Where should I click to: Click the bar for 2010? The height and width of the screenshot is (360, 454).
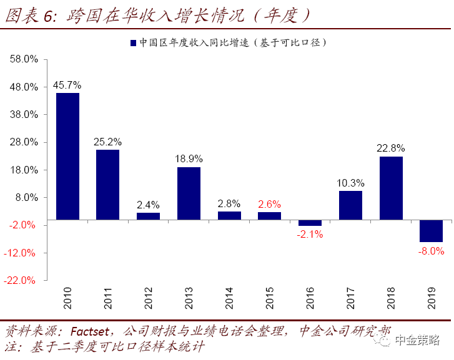point(67,156)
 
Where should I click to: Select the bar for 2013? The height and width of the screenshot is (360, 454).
point(189,193)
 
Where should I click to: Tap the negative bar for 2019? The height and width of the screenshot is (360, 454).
point(431,231)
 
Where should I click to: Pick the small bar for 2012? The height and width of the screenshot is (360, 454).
point(148,216)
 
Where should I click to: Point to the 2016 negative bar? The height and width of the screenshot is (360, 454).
point(310,223)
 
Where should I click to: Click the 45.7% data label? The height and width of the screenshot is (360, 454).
point(67,85)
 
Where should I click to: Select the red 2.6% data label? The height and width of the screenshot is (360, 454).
point(270,204)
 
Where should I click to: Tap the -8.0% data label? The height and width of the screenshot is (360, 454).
point(431,251)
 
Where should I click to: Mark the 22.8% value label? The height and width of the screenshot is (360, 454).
point(390,148)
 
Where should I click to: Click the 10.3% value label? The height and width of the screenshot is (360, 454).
point(350,183)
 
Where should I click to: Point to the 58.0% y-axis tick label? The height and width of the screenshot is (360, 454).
point(24,59)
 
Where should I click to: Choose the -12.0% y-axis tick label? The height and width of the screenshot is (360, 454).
point(19,253)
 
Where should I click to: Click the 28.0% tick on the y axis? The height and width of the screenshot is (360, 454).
point(24,142)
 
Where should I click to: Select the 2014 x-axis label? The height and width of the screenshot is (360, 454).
point(229,298)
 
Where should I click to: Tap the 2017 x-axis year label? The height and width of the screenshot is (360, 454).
point(350,298)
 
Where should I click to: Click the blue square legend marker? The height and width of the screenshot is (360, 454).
point(133,43)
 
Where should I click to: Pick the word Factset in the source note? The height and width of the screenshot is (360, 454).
point(90,332)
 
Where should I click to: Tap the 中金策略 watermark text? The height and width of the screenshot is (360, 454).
point(417,340)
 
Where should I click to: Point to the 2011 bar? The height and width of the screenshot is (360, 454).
point(107,185)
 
